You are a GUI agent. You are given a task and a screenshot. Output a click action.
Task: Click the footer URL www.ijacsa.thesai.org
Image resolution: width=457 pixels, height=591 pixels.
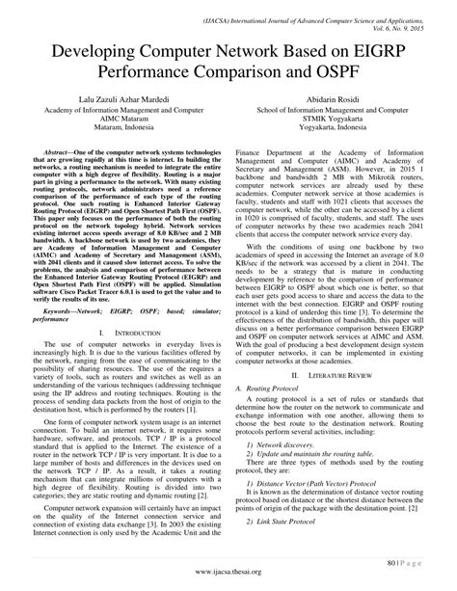click(228, 571)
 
